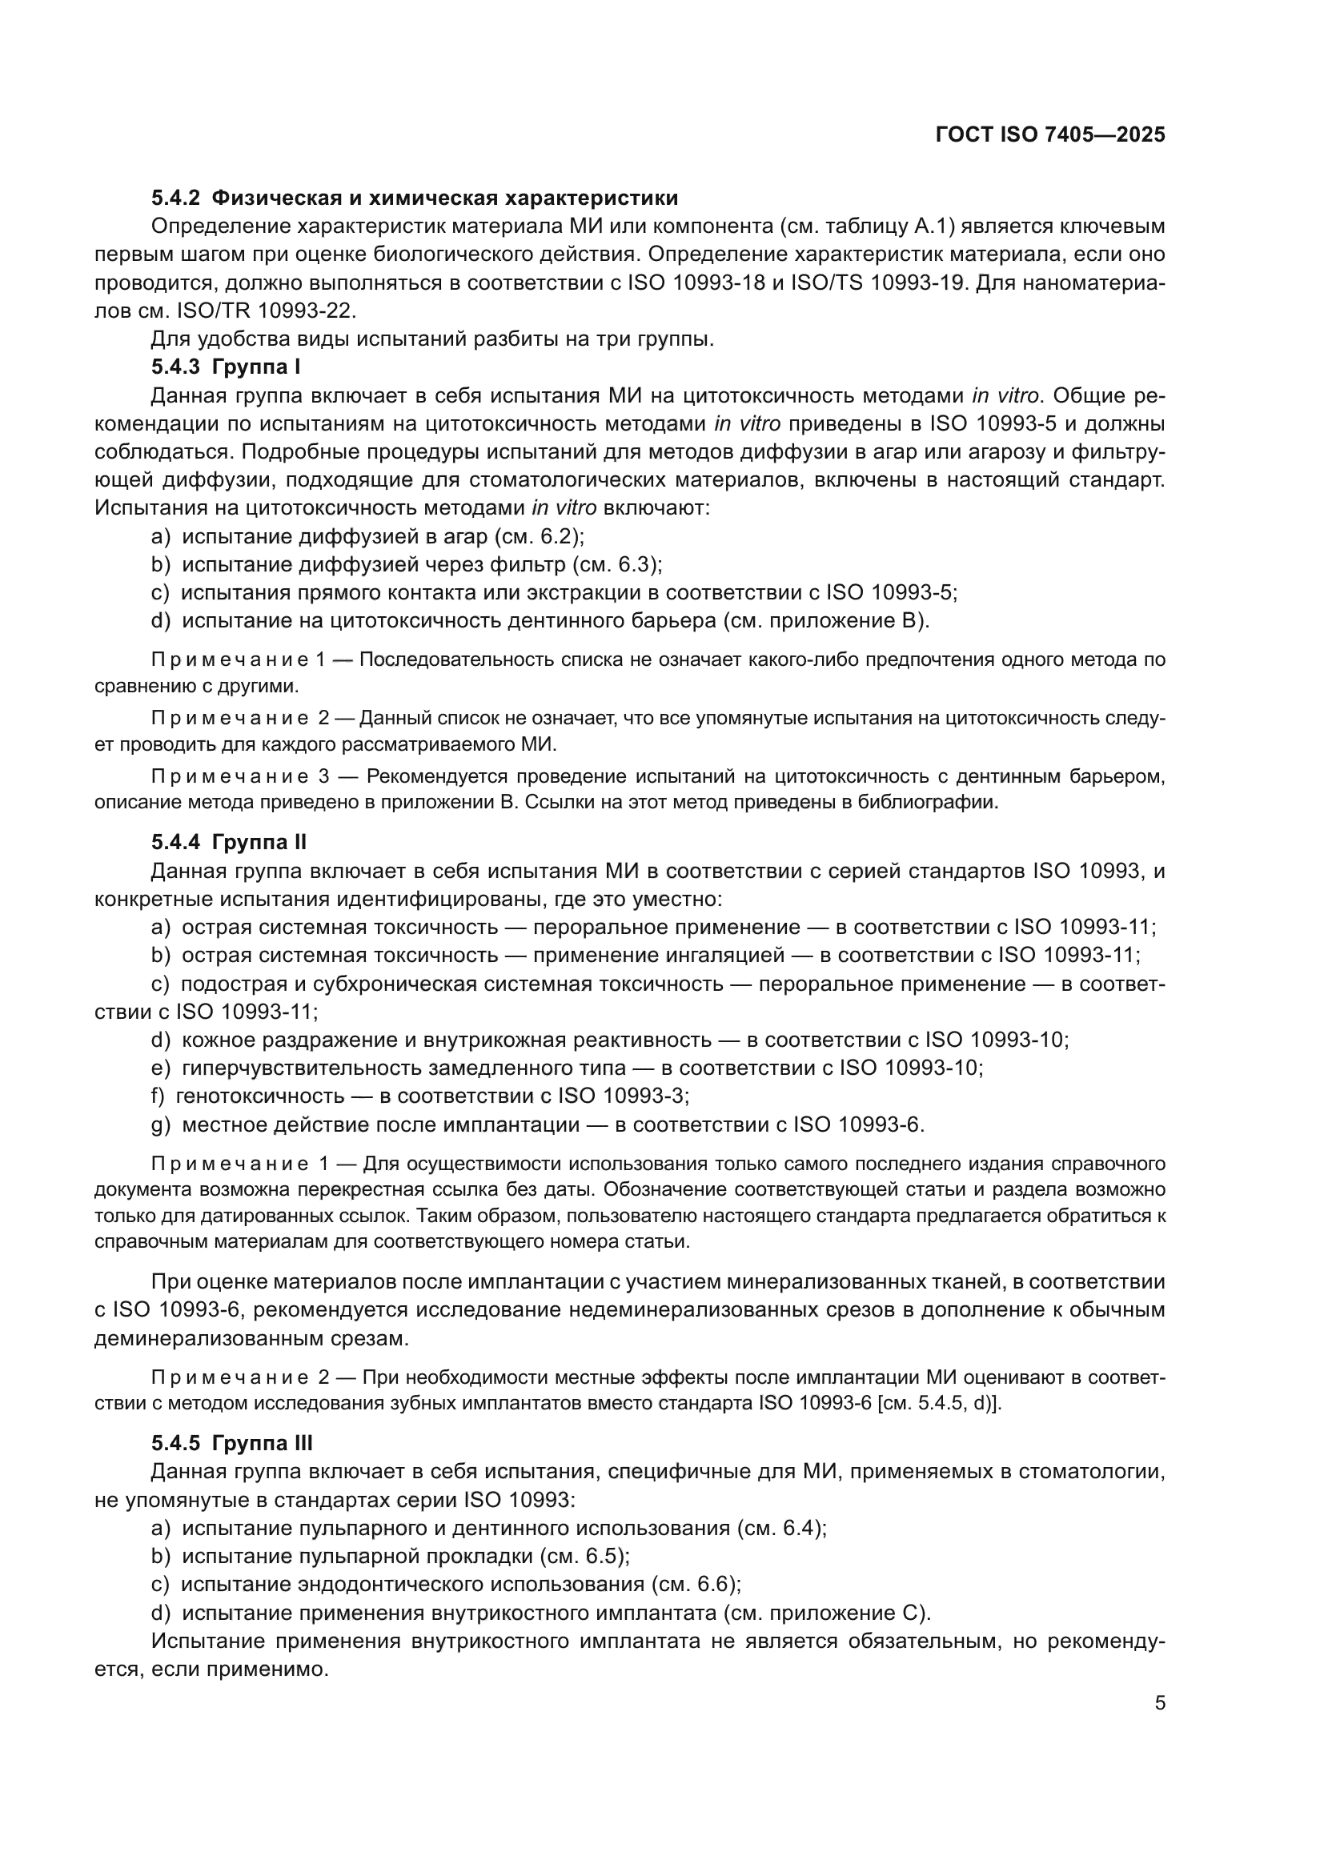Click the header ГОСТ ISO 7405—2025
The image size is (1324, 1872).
point(1050,135)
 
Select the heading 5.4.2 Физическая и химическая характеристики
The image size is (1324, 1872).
point(414,198)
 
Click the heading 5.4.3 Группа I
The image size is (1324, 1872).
point(226,367)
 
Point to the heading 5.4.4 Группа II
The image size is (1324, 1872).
point(229,842)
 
